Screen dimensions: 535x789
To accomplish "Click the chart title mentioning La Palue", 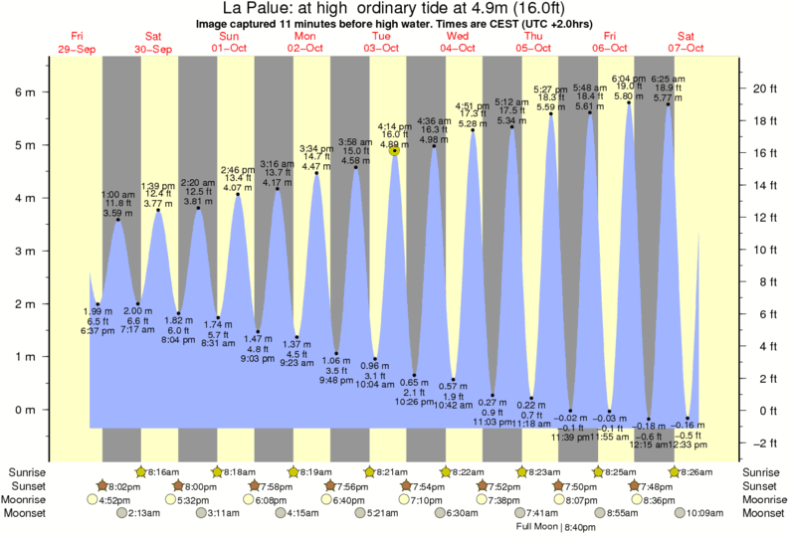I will (x=394, y=9).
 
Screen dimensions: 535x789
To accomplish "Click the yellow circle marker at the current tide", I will (x=395, y=150).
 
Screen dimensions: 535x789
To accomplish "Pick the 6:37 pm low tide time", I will (x=98, y=331).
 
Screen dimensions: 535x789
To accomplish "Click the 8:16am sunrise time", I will (x=164, y=472).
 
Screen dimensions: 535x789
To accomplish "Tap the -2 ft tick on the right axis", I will (x=760, y=443).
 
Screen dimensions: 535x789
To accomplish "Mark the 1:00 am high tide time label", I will (x=117, y=194).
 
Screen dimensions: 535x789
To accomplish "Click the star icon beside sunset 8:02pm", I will (x=102, y=485).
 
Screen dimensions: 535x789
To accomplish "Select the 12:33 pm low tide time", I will (x=689, y=444).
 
